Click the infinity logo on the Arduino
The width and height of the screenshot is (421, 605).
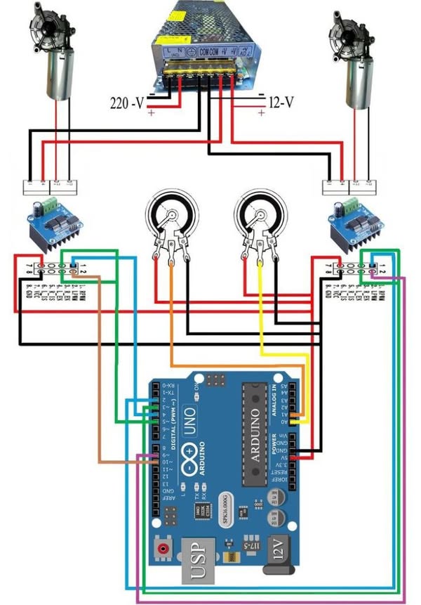(192, 461)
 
